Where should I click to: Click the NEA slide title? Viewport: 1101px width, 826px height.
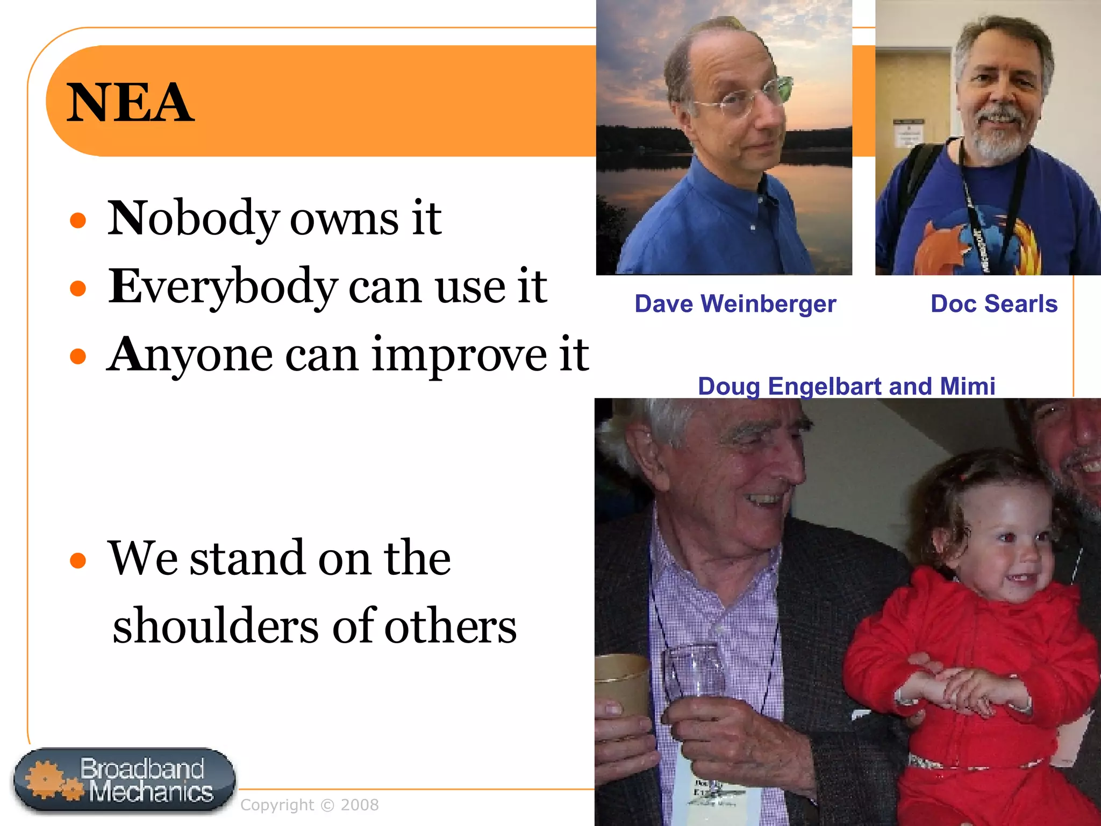[x=130, y=102]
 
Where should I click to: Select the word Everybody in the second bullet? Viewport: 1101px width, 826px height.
[x=223, y=287]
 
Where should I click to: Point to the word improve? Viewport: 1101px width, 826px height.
[x=460, y=355]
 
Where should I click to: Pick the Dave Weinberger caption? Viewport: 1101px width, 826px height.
[x=735, y=304]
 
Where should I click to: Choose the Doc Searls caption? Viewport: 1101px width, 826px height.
[x=993, y=304]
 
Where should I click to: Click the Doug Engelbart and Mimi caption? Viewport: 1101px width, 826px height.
[x=846, y=386]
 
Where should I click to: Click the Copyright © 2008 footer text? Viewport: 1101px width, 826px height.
[x=309, y=804]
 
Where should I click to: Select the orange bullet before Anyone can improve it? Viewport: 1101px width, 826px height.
[x=78, y=356]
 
